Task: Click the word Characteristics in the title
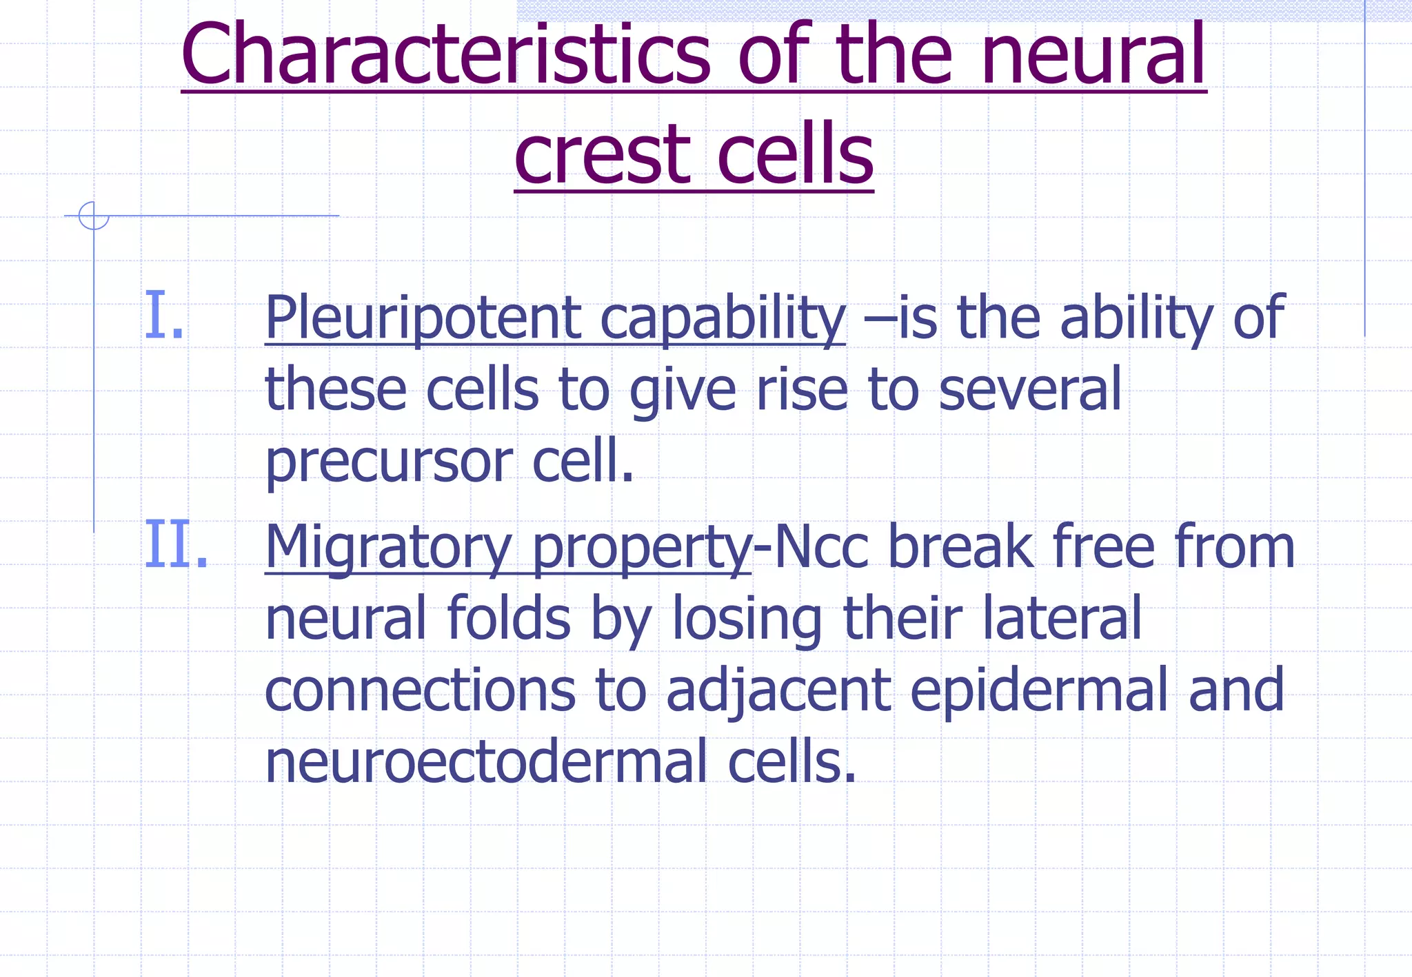click(445, 55)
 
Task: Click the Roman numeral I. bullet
click(164, 316)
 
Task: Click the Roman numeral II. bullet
click(176, 546)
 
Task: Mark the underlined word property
click(641, 548)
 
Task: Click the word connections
click(420, 691)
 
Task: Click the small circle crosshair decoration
click(94, 216)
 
